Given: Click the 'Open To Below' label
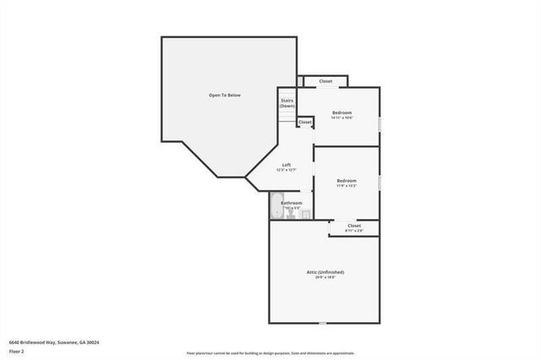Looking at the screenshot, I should click(x=225, y=95).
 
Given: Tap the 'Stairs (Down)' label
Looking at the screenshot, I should click(x=287, y=103).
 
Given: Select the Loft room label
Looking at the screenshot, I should click(x=287, y=164).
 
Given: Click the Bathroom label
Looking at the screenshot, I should click(x=292, y=203).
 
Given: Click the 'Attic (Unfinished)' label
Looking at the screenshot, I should click(x=325, y=271).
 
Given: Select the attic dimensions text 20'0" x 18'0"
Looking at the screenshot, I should click(x=325, y=277).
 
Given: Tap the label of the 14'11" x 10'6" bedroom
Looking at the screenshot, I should click(x=342, y=112).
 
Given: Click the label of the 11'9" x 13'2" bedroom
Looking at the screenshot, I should click(x=347, y=180).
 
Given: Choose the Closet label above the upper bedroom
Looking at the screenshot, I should click(x=325, y=81).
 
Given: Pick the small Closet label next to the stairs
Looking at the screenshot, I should click(x=304, y=123).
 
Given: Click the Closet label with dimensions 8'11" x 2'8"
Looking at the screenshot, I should click(x=353, y=227).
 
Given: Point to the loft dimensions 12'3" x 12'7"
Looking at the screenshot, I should click(x=287, y=170).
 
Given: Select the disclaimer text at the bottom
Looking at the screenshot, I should click(x=270, y=352).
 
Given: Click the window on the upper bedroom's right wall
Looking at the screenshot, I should click(x=379, y=124).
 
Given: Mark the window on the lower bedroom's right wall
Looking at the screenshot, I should click(x=379, y=183).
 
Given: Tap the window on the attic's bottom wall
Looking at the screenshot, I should click(x=321, y=323).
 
